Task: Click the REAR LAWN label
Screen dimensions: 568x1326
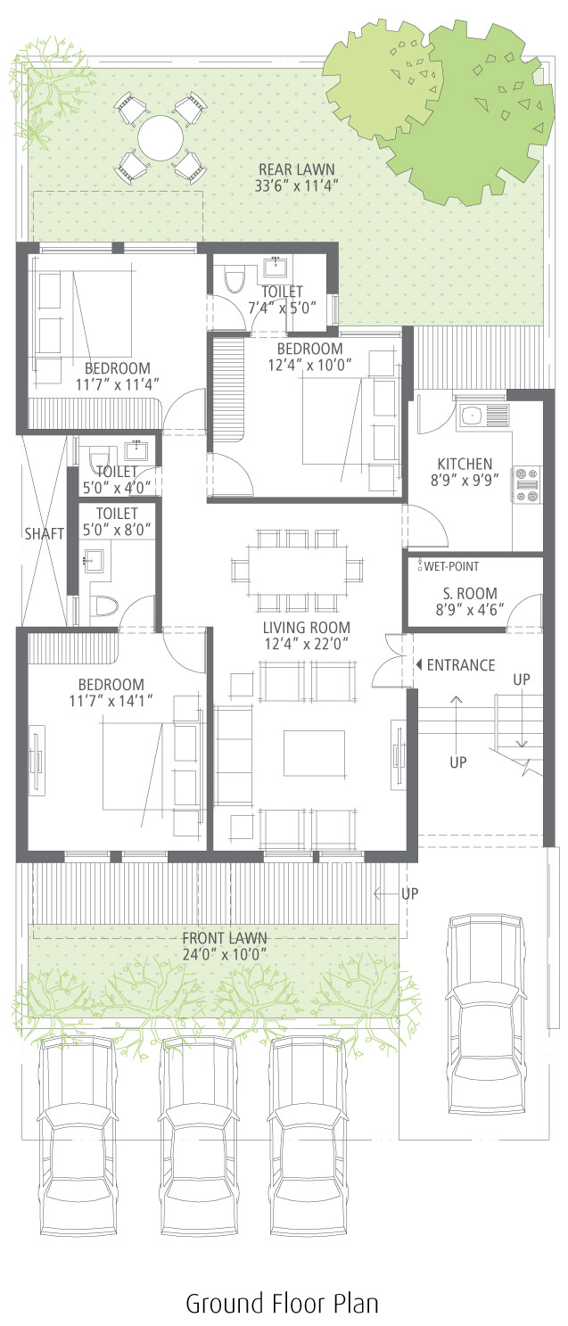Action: click(x=296, y=169)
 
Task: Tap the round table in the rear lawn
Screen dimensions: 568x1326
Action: click(x=160, y=138)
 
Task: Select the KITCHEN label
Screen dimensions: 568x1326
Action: click(x=465, y=464)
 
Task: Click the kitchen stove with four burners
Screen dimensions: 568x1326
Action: click(x=527, y=485)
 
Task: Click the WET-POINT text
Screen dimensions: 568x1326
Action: click(x=451, y=566)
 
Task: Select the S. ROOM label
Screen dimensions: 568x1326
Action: click(x=470, y=593)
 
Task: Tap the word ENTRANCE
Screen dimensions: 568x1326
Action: click(x=461, y=664)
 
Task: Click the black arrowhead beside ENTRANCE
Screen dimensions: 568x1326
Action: click(x=419, y=664)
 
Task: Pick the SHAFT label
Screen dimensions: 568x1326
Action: click(x=44, y=534)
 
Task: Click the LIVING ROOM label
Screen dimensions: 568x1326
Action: click(x=306, y=627)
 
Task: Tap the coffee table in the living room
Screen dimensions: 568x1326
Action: click(x=314, y=753)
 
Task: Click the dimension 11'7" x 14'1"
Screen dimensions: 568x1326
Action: click(x=111, y=701)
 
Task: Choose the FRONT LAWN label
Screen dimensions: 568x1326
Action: click(x=224, y=938)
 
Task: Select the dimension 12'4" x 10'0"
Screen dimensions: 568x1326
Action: click(x=309, y=365)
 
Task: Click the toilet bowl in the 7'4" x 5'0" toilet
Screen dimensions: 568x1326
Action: click(x=235, y=281)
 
